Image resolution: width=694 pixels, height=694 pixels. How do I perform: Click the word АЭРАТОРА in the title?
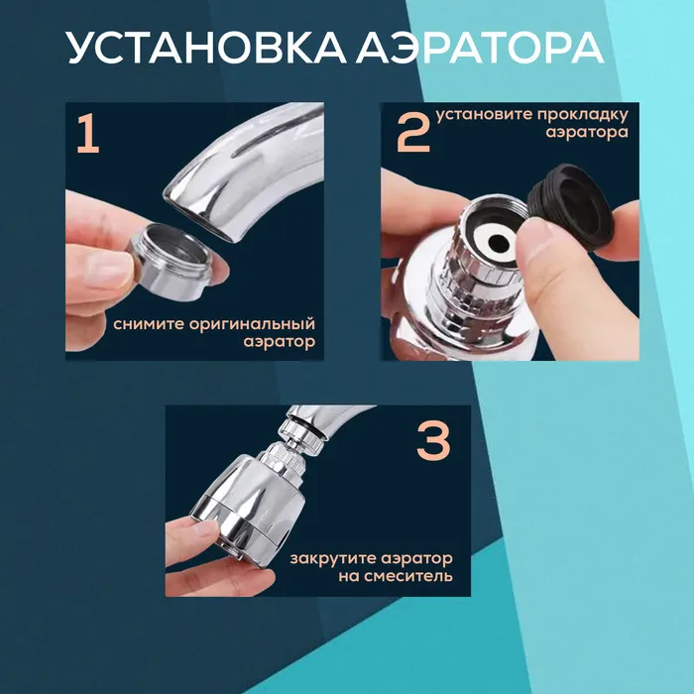(480, 48)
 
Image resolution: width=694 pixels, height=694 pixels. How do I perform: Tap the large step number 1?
(88, 133)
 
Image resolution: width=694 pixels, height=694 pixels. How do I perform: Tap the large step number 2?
(413, 133)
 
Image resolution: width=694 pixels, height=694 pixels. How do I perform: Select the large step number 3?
(433, 441)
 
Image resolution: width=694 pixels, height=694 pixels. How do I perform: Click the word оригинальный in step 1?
(252, 325)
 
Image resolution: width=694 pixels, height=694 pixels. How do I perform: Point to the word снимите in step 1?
(149, 324)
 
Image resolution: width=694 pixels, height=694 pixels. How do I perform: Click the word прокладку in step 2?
(583, 116)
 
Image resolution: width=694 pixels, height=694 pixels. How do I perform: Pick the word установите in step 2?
(484, 115)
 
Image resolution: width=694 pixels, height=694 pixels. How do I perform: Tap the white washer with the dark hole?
(496, 242)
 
